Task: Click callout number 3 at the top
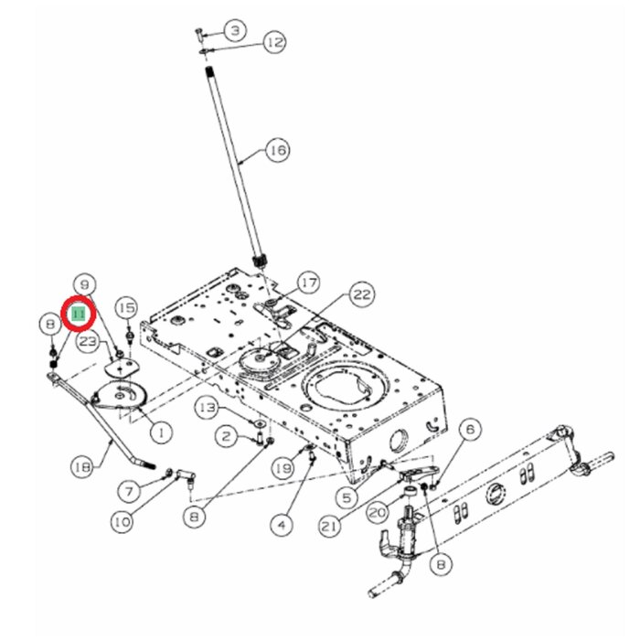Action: pos(235,31)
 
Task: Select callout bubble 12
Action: pos(273,42)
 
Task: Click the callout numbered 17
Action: pos(308,283)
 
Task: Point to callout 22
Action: pos(362,294)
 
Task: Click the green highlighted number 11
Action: pos(79,314)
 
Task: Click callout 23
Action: pos(88,341)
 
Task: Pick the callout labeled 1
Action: pos(162,429)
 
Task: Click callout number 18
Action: pos(82,466)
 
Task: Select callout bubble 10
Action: pos(121,522)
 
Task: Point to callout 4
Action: pos(281,525)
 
